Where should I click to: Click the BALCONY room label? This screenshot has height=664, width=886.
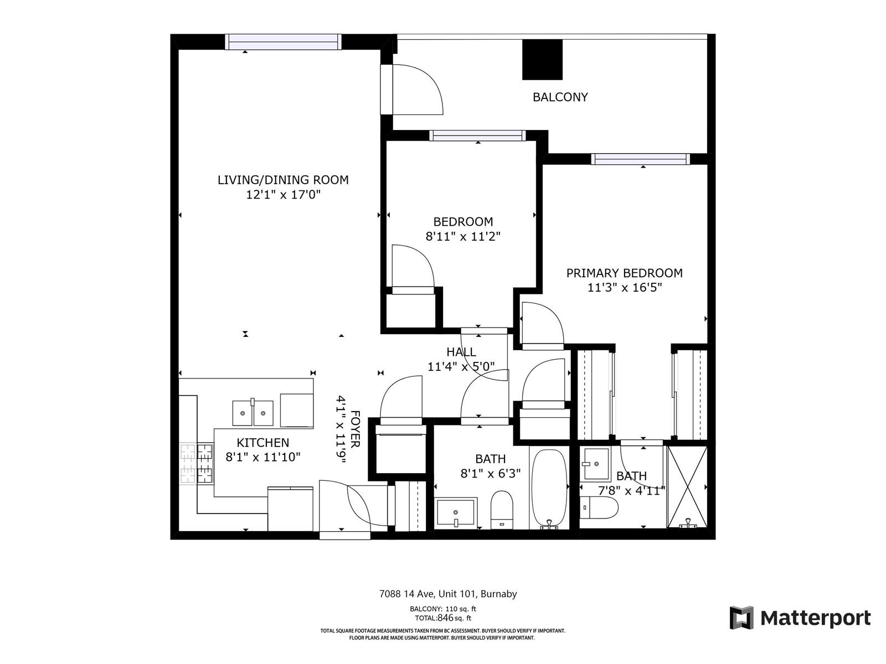560,97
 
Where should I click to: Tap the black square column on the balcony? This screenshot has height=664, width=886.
542,60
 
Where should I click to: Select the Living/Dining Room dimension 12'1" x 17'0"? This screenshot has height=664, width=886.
283,195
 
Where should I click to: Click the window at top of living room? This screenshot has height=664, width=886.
283,42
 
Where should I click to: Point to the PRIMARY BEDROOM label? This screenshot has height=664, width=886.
624,273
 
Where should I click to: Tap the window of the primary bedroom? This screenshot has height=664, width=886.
641,159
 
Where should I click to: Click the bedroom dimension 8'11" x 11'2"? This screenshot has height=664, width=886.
463,236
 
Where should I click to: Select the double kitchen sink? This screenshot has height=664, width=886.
253,413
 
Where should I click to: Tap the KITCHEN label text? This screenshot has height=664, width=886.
263,443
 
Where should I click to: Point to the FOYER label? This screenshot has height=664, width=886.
355,429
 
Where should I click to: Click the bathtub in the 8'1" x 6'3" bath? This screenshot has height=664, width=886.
549,489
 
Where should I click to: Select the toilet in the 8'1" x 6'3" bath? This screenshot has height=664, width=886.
502,510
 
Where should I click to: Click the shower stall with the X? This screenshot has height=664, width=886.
687,487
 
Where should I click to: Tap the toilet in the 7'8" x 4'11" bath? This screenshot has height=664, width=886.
599,507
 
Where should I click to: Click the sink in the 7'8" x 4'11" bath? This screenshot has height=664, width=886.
596,464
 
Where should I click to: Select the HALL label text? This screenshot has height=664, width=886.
461,352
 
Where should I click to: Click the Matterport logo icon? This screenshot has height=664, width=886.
741,618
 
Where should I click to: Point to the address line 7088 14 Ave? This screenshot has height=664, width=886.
448,594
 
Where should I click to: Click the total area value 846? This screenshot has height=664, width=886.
445,618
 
